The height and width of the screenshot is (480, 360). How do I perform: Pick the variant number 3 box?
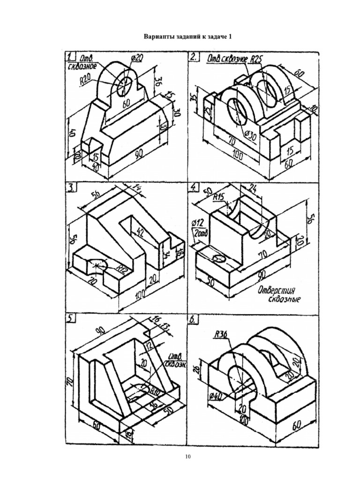(71, 188)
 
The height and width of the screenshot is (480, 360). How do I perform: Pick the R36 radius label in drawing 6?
(220, 334)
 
